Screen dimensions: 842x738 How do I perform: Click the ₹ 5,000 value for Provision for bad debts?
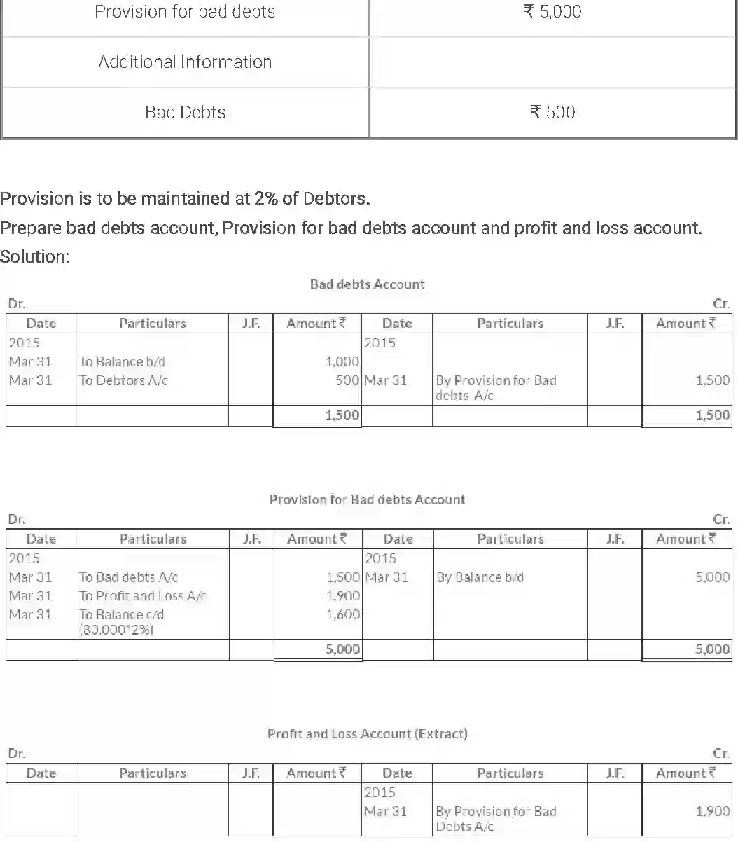click(552, 12)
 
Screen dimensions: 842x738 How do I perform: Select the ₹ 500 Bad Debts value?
click(552, 112)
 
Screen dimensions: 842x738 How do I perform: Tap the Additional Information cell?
click(185, 62)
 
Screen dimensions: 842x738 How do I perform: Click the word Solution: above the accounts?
click(35, 256)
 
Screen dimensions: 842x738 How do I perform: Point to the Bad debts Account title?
click(367, 284)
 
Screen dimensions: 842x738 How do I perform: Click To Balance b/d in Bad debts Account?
click(122, 361)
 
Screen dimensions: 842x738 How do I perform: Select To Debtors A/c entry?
click(123, 380)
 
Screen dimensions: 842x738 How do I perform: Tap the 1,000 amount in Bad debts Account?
click(342, 361)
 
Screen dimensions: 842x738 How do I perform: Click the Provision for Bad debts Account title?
click(367, 499)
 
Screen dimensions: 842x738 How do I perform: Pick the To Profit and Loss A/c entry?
click(142, 595)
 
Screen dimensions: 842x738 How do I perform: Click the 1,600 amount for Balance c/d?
click(342, 614)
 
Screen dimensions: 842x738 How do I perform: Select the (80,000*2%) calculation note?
click(116, 629)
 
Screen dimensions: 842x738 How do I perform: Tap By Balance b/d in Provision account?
click(480, 577)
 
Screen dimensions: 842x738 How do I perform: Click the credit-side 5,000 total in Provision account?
click(712, 649)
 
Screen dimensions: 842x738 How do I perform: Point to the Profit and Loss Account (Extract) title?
click(367, 733)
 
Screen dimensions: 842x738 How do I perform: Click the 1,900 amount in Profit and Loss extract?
click(712, 811)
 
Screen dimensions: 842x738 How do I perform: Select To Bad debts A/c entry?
click(128, 577)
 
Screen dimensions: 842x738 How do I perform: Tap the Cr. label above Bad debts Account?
click(721, 304)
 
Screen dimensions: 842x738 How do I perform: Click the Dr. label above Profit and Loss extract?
click(16, 754)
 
